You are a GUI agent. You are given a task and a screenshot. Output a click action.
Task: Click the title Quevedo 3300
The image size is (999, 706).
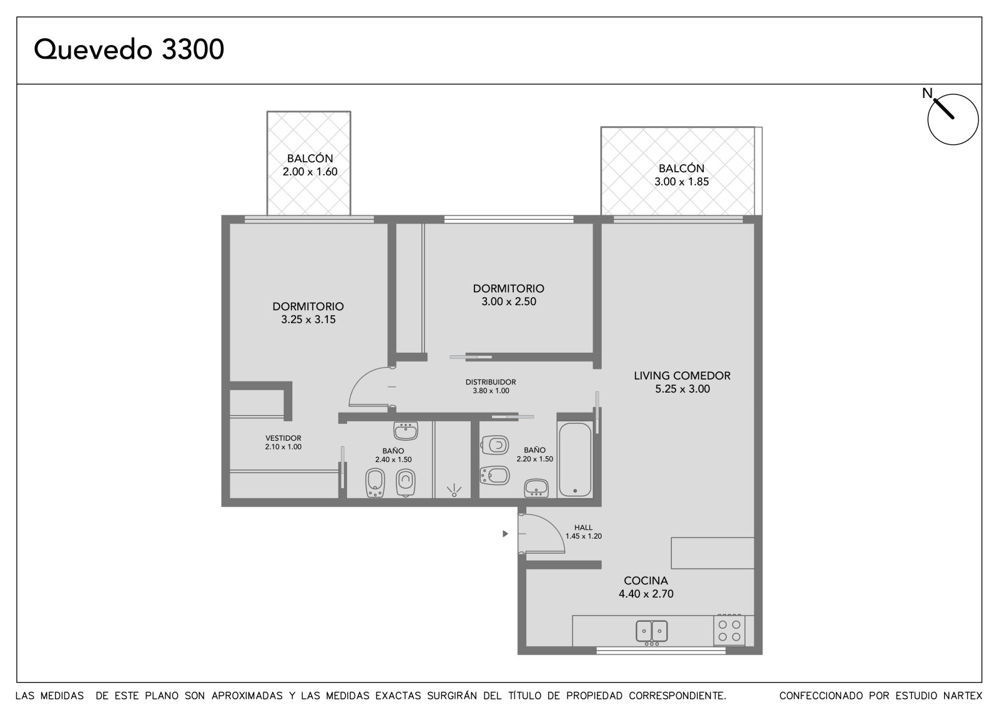pos(129,49)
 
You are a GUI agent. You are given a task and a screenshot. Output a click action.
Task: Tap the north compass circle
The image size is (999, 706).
pos(953,119)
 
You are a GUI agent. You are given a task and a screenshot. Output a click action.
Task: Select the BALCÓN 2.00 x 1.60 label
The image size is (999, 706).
pos(310,165)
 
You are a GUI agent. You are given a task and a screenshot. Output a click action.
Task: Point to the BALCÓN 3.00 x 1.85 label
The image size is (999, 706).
pos(681,175)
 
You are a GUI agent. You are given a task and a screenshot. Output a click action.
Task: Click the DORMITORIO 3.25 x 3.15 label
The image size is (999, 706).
pos(308,313)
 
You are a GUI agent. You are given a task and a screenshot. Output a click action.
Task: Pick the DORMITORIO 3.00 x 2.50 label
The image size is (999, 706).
pos(509,295)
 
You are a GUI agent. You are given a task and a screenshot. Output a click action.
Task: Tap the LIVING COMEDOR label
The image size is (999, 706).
pos(682,376)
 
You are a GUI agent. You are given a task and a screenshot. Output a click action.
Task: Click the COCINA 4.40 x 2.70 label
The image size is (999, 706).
pos(646,587)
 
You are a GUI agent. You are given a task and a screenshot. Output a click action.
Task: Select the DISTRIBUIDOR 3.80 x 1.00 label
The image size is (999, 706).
pos(491,386)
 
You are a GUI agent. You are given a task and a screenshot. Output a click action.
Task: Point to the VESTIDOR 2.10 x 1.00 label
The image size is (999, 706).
pos(283,443)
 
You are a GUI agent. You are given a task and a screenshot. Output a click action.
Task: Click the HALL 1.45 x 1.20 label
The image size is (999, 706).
pos(583,532)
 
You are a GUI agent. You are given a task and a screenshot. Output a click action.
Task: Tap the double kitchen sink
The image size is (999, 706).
pos(652,632)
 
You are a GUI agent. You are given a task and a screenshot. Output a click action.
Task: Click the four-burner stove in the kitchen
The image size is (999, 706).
pos(729,630)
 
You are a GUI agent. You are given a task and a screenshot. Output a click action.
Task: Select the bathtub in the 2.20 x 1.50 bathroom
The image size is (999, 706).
pos(575,459)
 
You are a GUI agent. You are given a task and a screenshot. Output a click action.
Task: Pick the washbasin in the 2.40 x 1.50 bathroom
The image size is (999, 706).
pos(406,431)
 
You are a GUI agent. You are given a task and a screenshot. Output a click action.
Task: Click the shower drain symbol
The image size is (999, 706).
pos(454,491)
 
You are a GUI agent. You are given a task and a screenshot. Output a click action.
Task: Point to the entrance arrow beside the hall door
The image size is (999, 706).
pos(505,534)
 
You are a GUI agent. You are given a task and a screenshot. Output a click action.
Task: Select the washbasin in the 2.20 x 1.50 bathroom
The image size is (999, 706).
pos(536,488)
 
